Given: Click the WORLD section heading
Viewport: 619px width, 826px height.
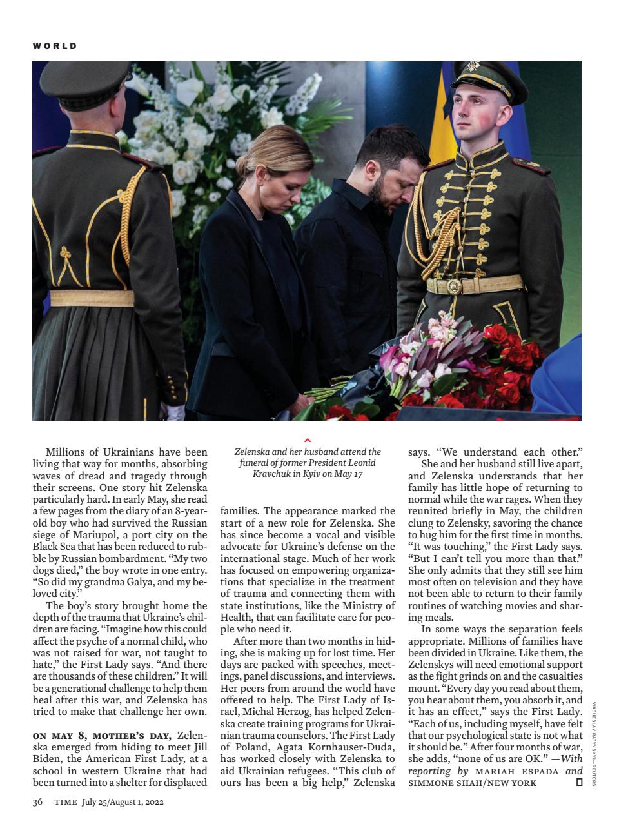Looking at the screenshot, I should [55, 46].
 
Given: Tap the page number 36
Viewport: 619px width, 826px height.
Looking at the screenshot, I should [37, 802].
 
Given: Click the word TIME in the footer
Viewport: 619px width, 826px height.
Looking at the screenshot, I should [66, 802].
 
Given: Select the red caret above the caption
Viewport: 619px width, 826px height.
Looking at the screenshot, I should [308, 440].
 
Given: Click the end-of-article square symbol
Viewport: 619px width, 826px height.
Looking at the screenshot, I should [578, 783].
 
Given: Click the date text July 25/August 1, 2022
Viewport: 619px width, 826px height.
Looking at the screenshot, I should [123, 802].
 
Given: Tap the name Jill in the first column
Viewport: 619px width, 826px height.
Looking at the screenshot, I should [198, 747].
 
